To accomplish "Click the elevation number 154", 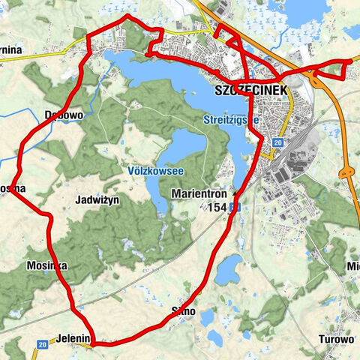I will [x=218, y=207].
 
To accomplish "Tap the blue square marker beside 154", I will [x=235, y=207].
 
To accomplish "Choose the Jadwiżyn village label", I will [x=98, y=200].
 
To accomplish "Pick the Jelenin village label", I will [x=72, y=340].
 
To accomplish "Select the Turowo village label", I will [x=335, y=339].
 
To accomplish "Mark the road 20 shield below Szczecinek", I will [x=277, y=142].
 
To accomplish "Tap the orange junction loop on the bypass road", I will [x=347, y=172].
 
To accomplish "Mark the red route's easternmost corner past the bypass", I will [x=349, y=60].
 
